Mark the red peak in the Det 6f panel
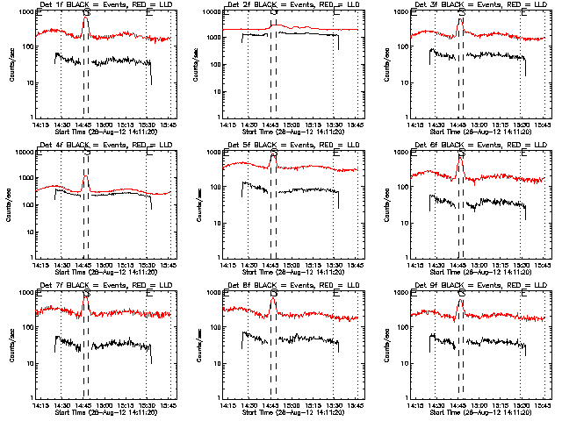[459, 157]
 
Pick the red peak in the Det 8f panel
[272, 300]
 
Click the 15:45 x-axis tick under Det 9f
[543, 404]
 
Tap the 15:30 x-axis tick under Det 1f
[148, 124]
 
